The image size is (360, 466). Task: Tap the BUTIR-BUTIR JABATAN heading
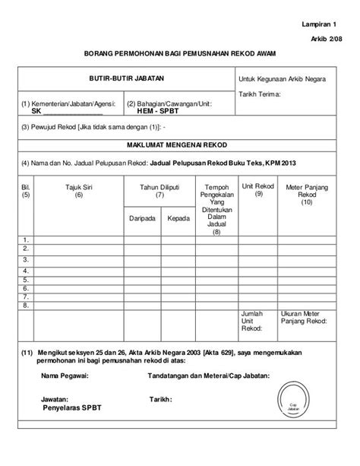(x=127, y=78)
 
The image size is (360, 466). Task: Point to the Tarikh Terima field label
(x=260, y=94)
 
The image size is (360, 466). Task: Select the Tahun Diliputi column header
(x=159, y=190)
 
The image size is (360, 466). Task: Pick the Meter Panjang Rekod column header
(x=306, y=193)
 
